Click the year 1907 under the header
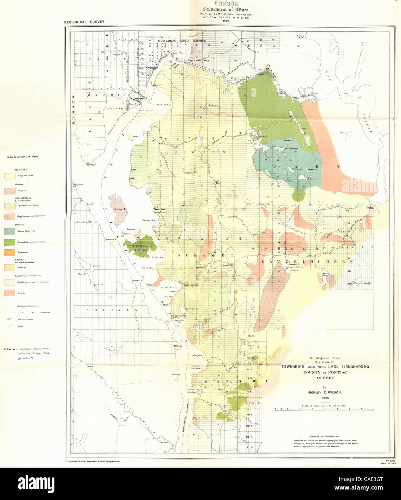(x=226, y=21)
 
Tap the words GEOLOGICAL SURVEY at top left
(x=84, y=22)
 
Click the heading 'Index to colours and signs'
(x=23, y=157)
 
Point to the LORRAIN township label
(x=112, y=309)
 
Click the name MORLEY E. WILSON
(x=324, y=392)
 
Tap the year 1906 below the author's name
(x=324, y=398)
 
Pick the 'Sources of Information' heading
(x=324, y=436)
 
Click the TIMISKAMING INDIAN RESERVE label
(x=181, y=41)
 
